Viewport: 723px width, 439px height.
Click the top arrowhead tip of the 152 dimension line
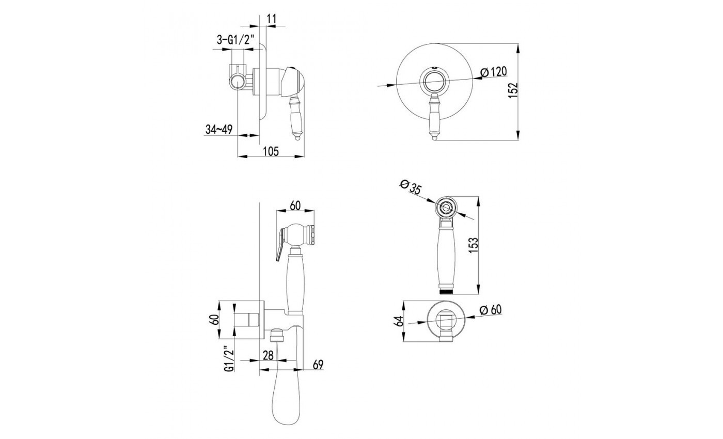[518, 44]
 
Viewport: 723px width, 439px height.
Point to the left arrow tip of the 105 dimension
[238, 156]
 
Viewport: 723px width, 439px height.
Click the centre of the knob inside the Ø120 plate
[434, 81]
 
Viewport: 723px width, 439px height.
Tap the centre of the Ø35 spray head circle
[447, 208]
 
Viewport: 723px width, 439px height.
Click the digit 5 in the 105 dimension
[275, 151]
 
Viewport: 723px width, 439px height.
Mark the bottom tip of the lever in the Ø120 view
[434, 140]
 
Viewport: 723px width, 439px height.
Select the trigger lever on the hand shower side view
[280, 244]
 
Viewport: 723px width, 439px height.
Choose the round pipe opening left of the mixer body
[238, 82]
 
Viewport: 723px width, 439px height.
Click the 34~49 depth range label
[219, 130]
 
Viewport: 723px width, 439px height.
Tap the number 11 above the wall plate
[272, 19]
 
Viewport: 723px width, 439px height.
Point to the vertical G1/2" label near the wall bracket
[228, 359]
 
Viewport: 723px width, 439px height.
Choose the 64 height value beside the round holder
[400, 321]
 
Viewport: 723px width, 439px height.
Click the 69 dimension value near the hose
[318, 365]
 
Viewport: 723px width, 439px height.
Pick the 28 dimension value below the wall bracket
[268, 355]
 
